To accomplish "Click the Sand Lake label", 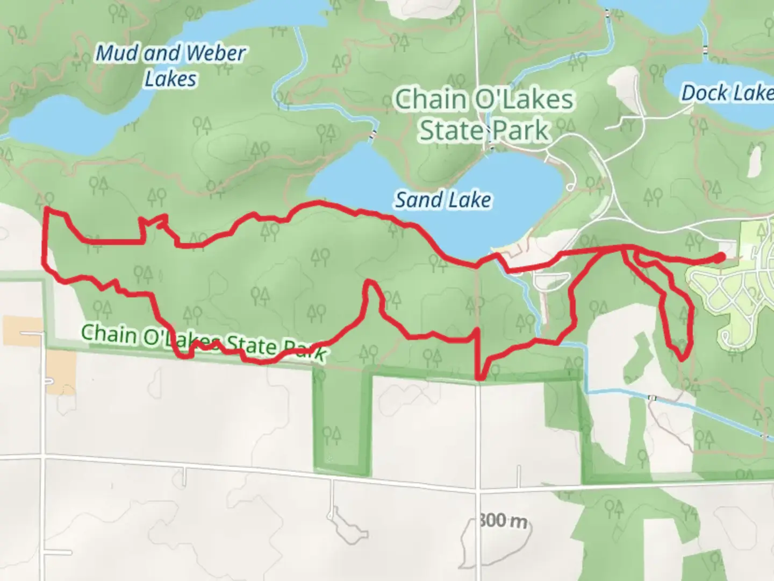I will [x=443, y=200].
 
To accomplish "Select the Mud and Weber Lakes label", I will [x=171, y=66].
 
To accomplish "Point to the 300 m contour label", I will [x=503, y=521].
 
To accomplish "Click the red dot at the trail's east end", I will [x=719, y=258].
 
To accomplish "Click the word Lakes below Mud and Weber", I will [x=171, y=79].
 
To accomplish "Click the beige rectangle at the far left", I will [x=23, y=331].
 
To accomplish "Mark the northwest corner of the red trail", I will [x=46, y=209].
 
